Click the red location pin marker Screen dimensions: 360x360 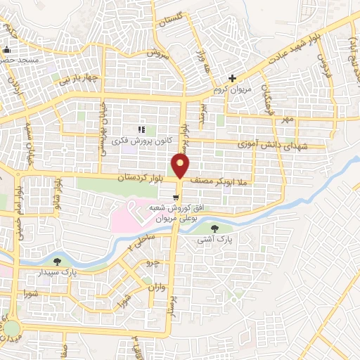tap(181, 166)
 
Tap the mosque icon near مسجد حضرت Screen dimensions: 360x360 tap(7, 50)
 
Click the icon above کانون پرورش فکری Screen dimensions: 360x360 tap(141, 129)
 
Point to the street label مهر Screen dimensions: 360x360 tap(285, 120)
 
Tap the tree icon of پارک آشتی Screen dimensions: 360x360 tap(215, 227)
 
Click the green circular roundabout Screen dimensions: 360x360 tap(13, 328)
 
